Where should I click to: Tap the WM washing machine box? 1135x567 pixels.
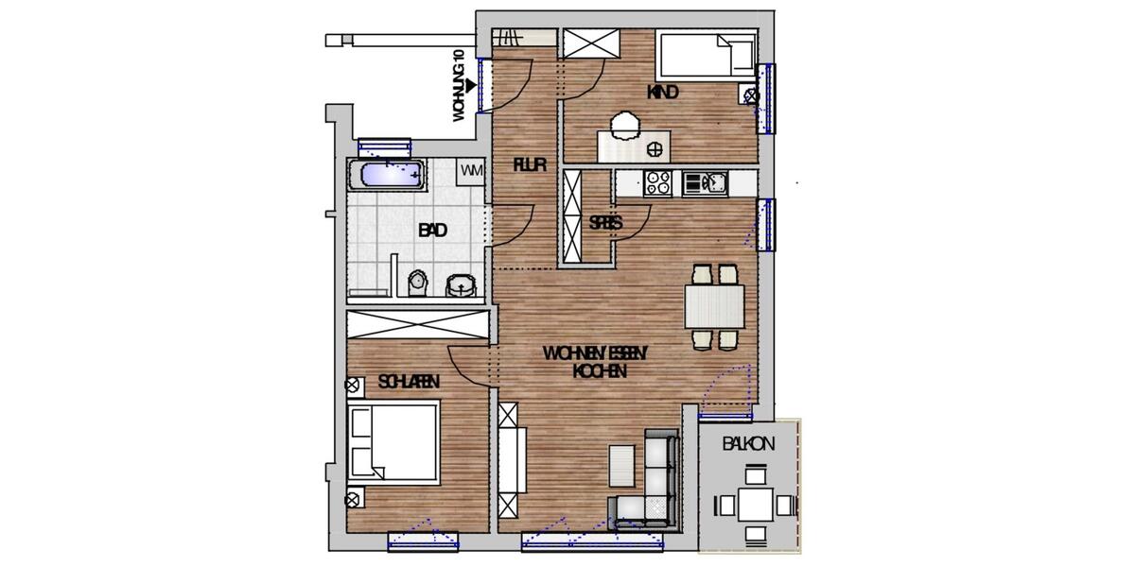[x=471, y=171]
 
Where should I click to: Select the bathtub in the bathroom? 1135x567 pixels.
[x=388, y=174]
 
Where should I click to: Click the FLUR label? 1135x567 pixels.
[x=529, y=164]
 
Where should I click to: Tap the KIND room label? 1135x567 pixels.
[x=662, y=93]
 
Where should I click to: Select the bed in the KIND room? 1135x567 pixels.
[x=707, y=55]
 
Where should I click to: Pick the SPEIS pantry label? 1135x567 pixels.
[x=605, y=223]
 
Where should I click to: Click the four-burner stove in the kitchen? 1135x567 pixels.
[x=658, y=183]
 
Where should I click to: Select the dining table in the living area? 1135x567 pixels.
[x=714, y=306]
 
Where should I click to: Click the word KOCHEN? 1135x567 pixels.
[x=600, y=371]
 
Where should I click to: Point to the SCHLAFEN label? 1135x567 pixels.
[x=409, y=382]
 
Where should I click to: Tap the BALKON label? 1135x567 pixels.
[x=749, y=443]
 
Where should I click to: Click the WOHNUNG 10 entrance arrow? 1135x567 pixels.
[x=470, y=85]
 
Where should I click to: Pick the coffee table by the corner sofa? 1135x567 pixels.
[x=622, y=466]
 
